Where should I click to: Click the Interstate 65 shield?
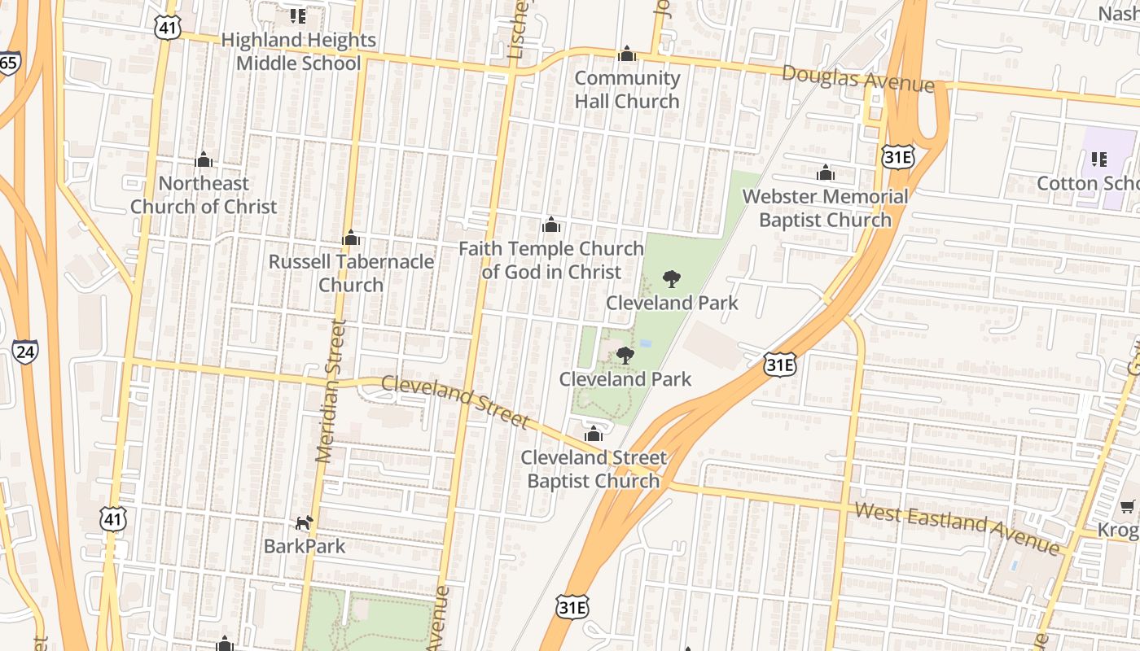tap(9, 63)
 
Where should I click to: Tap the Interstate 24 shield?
tap(24, 352)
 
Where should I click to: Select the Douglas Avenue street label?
tap(857, 79)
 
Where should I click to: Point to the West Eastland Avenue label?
tap(956, 527)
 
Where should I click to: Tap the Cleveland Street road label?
tap(455, 401)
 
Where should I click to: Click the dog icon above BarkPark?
tap(304, 522)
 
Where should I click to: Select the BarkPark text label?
tap(305, 546)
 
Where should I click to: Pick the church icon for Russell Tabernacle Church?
tap(351, 238)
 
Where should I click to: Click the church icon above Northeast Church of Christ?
tap(204, 159)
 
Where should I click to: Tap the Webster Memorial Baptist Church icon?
tap(825, 173)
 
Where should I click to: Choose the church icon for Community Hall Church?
tap(627, 54)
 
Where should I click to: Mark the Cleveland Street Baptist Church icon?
tap(593, 433)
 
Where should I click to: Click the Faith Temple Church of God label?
tap(551, 260)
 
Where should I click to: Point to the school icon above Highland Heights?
tap(298, 15)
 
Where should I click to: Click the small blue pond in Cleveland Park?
tap(646, 344)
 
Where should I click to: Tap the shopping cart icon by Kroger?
tap(1128, 507)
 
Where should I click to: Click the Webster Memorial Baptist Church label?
tap(825, 208)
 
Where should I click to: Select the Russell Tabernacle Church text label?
tap(351, 273)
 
